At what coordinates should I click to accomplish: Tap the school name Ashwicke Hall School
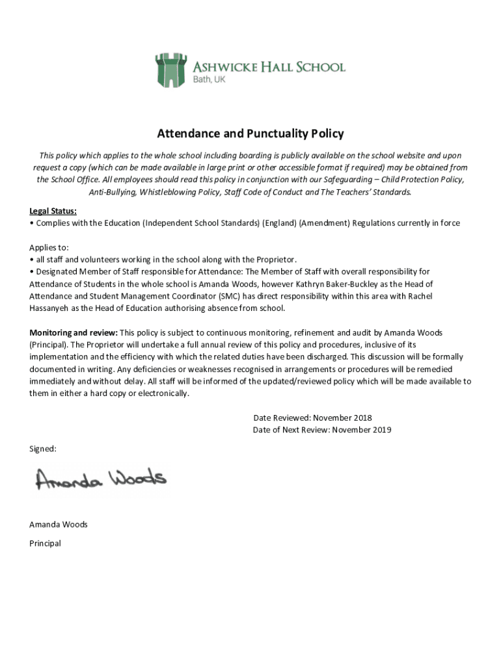click(269, 67)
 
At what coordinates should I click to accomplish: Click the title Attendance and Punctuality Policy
click(251, 134)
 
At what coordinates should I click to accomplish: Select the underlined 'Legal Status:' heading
click(53, 211)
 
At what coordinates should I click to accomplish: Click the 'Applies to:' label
click(49, 247)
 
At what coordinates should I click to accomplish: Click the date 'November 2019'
click(362, 430)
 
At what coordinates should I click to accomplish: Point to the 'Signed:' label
click(43, 449)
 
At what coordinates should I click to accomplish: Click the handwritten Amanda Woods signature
click(101, 479)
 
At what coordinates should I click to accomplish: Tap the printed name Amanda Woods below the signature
click(59, 524)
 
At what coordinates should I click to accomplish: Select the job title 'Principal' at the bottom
click(45, 543)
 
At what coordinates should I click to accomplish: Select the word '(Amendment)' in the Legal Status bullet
click(325, 223)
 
